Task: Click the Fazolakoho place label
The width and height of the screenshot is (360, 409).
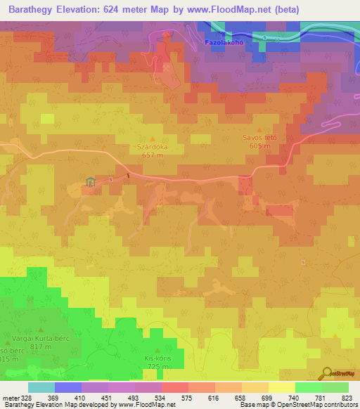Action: (x=224, y=42)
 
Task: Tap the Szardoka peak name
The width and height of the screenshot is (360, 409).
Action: (x=153, y=148)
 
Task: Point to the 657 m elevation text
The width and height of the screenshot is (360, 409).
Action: (x=153, y=155)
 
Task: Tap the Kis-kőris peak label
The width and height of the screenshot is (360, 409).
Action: (x=157, y=358)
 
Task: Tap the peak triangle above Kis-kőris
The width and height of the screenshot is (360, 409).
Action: (x=157, y=350)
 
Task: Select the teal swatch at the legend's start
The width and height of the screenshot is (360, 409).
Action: (x=41, y=387)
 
